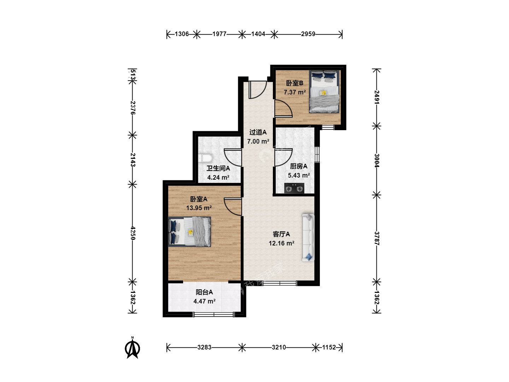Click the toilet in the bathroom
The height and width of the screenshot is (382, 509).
[x=205, y=158]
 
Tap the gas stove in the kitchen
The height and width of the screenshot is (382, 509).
[x=294, y=188]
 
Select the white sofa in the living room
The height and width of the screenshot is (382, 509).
[x=308, y=238]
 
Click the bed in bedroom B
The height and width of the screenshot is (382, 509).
[x=324, y=92]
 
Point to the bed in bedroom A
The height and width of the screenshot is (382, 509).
[x=189, y=231]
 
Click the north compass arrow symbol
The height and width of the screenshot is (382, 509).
[x=133, y=348]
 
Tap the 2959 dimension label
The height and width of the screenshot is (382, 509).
[x=308, y=34]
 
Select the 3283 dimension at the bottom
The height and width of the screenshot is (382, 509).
[x=204, y=347]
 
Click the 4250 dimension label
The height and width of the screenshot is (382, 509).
[x=133, y=233]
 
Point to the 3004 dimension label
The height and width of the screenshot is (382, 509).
[x=376, y=161]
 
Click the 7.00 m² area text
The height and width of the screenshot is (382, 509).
[x=258, y=141]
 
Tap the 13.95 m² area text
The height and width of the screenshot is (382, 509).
[x=199, y=208]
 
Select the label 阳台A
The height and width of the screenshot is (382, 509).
[x=204, y=292]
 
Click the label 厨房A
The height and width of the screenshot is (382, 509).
[x=299, y=166]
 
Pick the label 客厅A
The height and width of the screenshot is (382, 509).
[x=281, y=234]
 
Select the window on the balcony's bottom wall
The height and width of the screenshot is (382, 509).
[x=213, y=314]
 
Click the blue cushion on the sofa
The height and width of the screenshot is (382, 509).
[x=309, y=257]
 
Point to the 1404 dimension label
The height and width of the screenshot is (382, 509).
[x=258, y=34]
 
